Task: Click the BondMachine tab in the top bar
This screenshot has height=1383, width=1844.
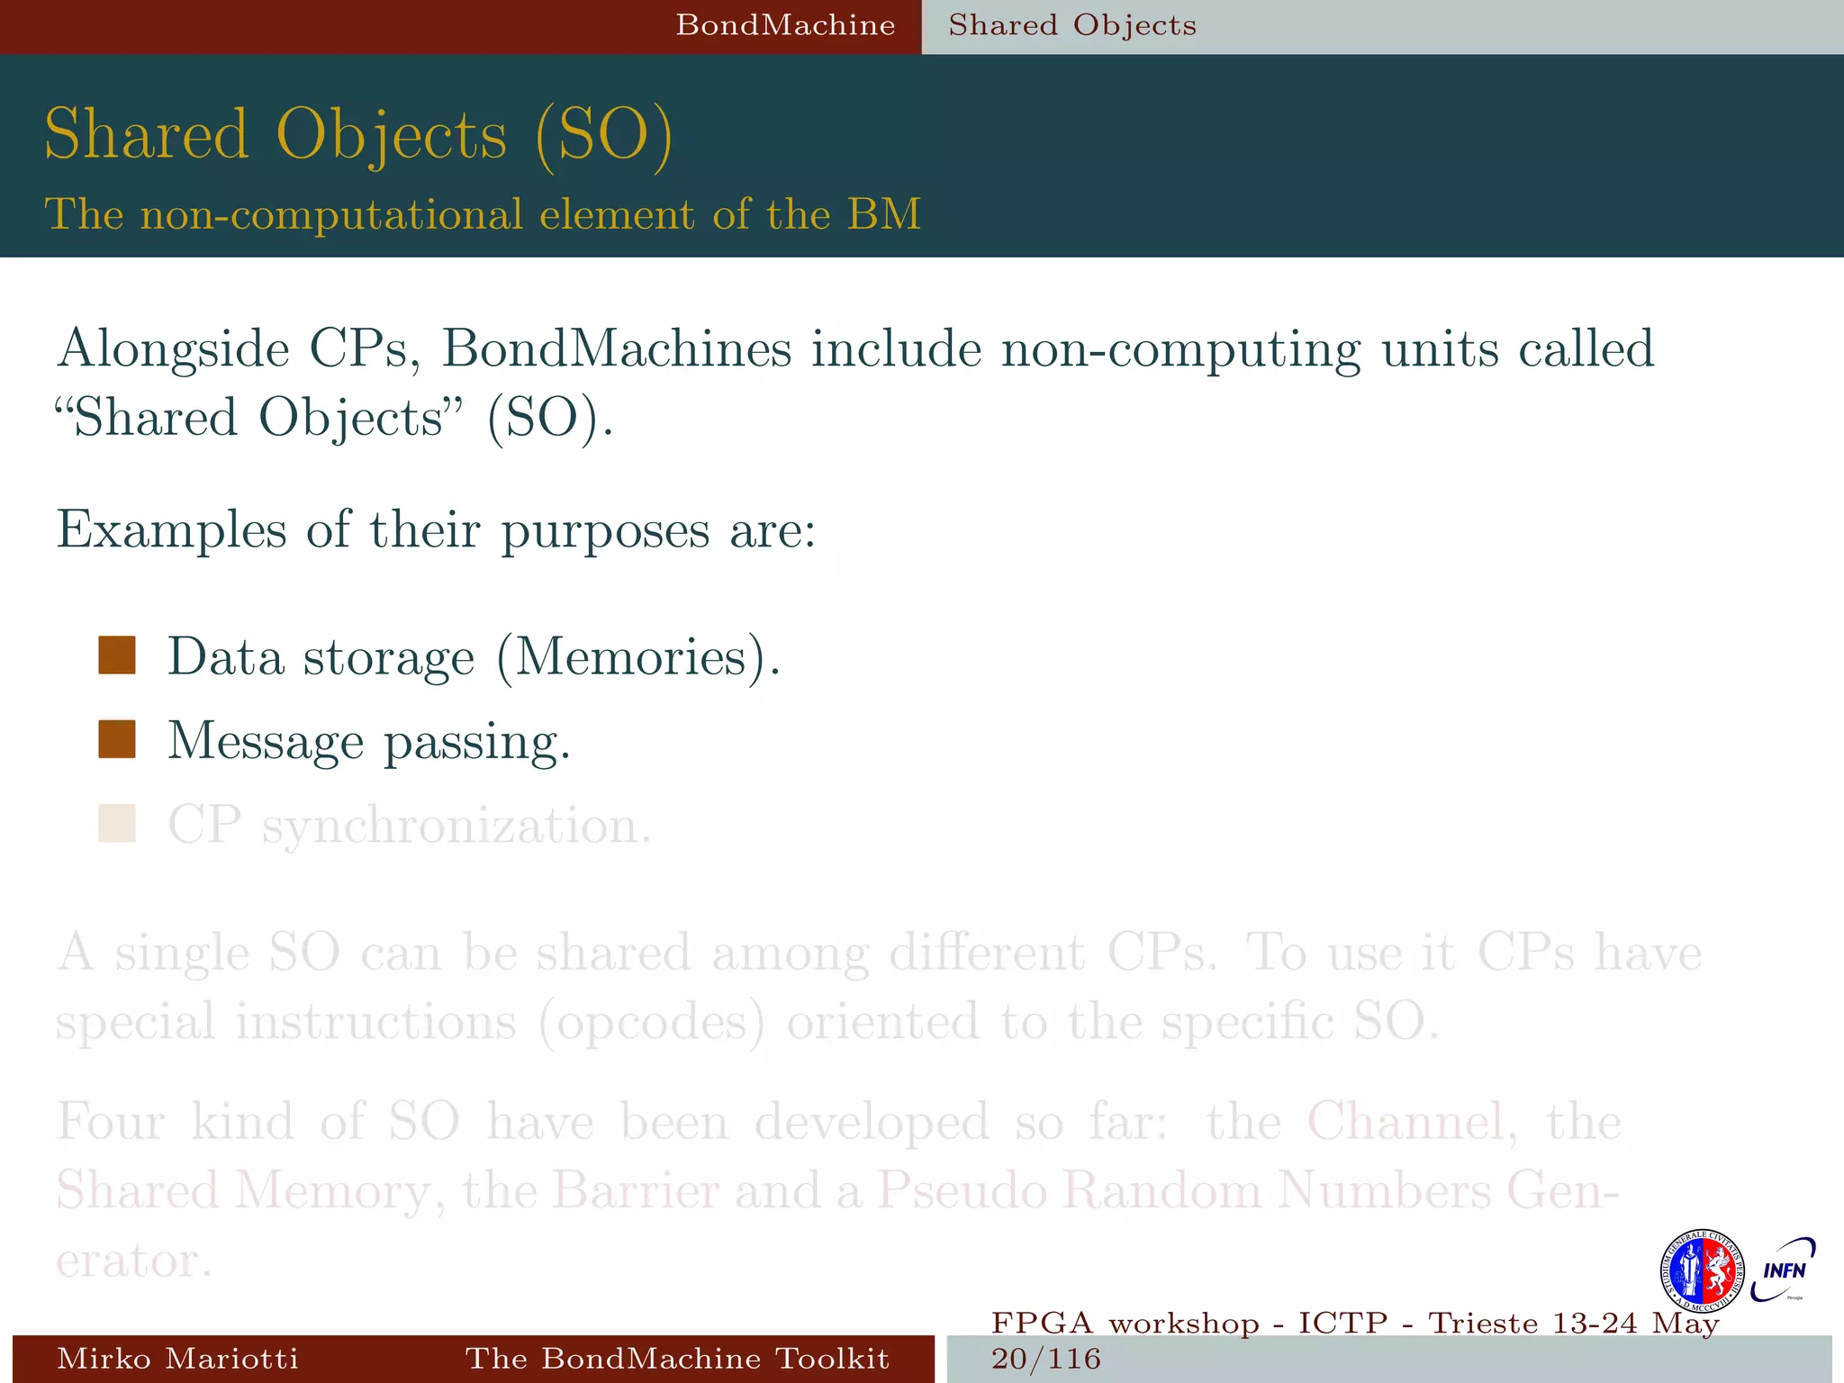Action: coord(785,25)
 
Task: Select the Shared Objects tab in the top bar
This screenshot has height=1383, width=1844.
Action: coord(1071,25)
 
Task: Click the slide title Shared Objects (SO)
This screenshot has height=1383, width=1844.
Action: coord(358,135)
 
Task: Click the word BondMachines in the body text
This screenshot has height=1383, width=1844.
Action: coord(616,349)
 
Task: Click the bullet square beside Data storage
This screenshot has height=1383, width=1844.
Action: coord(117,655)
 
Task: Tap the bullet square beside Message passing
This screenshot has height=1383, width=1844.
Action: coord(117,739)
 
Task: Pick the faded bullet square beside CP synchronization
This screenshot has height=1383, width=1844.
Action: coord(117,823)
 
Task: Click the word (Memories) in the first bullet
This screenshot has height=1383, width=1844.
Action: coord(637,657)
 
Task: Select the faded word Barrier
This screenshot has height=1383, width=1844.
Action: coord(635,1190)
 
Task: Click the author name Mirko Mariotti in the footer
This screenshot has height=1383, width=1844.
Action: coord(177,1359)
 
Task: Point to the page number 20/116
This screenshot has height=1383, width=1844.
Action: coord(1046,1359)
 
